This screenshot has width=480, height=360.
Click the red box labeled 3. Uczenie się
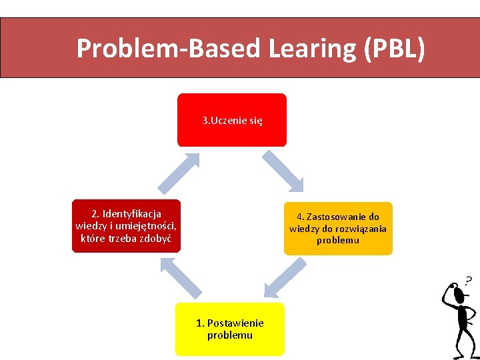(231, 120)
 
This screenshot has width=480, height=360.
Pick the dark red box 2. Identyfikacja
(126, 226)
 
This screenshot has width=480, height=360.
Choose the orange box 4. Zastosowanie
(338, 229)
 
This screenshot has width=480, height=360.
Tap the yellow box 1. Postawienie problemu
(229, 329)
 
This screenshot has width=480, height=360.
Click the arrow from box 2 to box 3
(178, 171)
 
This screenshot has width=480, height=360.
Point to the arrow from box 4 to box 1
(285, 277)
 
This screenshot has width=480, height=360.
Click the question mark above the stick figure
(468, 281)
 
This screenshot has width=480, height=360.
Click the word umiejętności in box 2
(147, 226)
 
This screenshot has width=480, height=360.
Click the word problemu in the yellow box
(230, 335)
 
